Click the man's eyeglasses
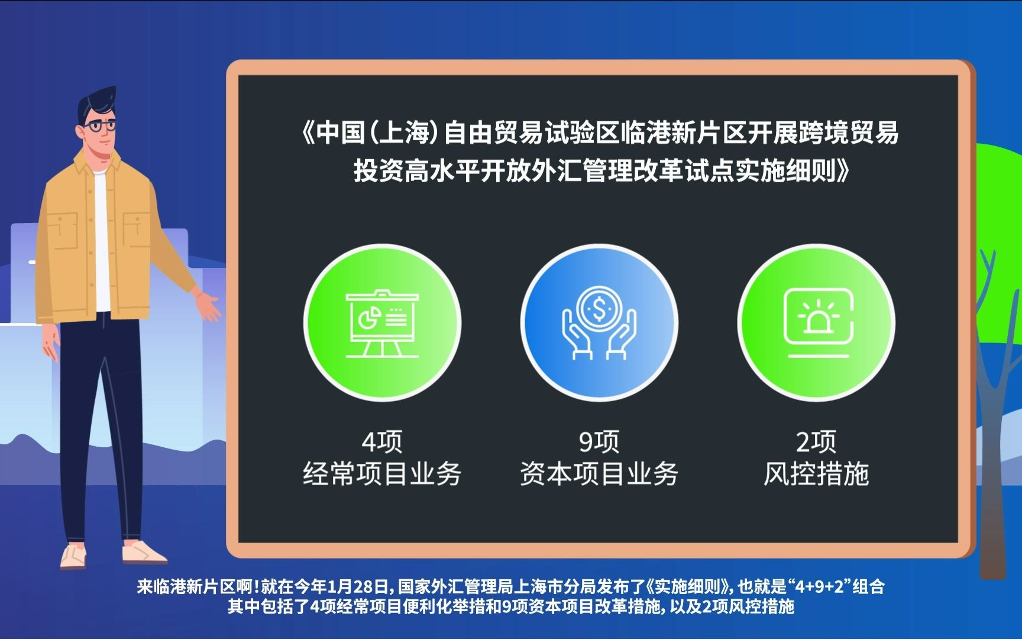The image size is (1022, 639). [99, 126]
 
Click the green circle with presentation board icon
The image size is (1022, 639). [382, 323]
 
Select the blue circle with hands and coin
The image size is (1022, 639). [599, 323]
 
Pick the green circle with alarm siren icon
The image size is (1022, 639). [816, 323]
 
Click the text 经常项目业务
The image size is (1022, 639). [382, 474]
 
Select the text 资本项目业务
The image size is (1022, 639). [599, 474]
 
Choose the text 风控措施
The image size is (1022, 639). [816, 474]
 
